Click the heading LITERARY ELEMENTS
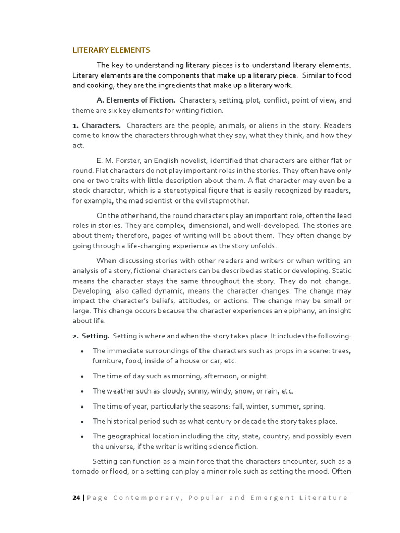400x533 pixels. tap(111, 50)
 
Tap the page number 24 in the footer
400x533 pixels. tap(76, 498)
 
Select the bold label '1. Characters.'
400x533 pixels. tap(97, 125)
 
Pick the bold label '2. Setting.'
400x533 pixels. tap(91, 336)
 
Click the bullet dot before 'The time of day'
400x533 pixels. tap(82, 376)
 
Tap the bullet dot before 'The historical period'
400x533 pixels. tap(82, 422)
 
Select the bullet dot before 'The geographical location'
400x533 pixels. tap(82, 437)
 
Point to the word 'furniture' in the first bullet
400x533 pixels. tap(107, 361)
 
